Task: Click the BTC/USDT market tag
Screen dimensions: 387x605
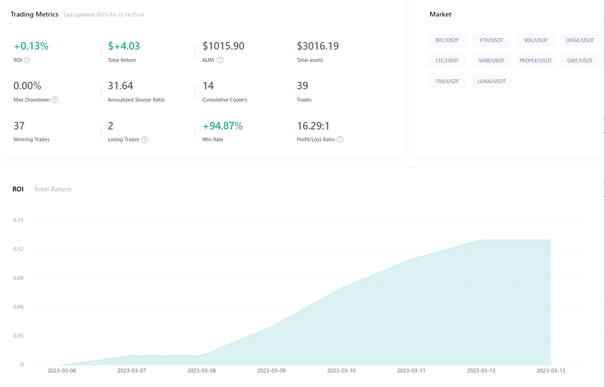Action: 447,40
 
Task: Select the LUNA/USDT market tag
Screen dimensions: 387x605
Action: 492,81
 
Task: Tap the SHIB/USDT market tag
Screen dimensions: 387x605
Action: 492,60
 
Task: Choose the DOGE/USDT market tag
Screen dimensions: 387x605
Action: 580,40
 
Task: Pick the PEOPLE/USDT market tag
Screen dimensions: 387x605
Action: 536,60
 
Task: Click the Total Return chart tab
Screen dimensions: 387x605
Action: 52,189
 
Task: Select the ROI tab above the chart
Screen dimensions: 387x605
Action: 18,189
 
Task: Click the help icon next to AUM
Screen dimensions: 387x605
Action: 220,60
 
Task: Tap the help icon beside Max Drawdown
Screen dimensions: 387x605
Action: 55,100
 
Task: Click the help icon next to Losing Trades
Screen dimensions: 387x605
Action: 145,139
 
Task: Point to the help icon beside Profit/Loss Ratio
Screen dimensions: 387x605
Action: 340,139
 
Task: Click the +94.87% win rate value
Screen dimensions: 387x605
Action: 223,126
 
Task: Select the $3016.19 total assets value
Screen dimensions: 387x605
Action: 318,46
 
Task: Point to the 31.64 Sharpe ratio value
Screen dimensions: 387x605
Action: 121,86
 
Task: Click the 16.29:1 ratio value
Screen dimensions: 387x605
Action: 313,126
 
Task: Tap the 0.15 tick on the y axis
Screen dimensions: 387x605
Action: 18,220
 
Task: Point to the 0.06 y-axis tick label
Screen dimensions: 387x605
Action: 18,307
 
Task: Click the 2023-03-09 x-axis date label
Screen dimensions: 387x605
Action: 271,370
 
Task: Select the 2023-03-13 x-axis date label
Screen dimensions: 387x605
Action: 551,370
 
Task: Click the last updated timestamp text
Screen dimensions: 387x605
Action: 104,15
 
